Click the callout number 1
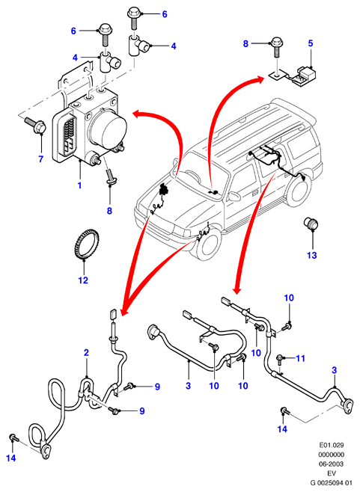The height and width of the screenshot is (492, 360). click(79, 185)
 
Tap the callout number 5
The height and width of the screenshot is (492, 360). click(311, 43)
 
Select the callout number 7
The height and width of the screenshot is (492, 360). click(41, 159)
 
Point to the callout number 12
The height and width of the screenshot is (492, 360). click(83, 280)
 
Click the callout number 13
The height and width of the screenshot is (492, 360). click(311, 255)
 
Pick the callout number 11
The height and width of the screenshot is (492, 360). click(301, 358)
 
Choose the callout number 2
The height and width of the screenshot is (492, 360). click(86, 352)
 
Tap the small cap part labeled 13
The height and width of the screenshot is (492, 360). click(311, 223)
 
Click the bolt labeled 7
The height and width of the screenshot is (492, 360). click(35, 125)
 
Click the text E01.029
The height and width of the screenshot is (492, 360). click(332, 445)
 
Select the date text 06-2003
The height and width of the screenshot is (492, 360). click(332, 464)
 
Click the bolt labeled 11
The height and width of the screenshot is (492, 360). click(280, 360)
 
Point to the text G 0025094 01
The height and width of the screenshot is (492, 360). click(331, 482)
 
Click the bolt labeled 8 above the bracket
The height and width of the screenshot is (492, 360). click(277, 46)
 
